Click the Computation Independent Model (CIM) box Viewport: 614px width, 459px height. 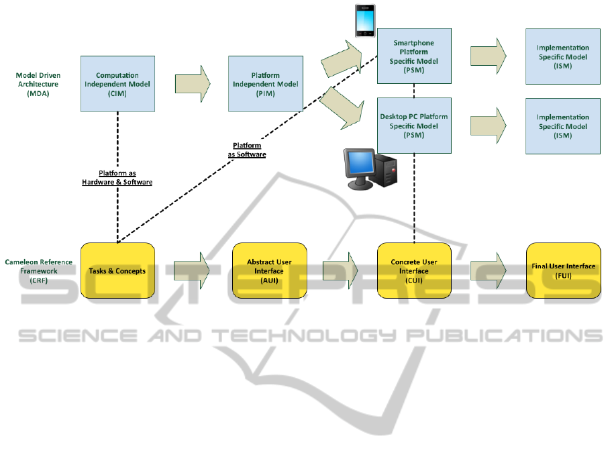pos(117,84)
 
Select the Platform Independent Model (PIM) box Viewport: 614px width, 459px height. pos(265,84)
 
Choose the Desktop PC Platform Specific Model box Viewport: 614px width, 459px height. pos(413,125)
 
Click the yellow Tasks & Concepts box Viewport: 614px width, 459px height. pos(117,271)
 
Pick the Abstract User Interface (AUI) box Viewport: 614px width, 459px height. pos(268,271)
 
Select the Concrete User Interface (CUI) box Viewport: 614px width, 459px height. pos(413,271)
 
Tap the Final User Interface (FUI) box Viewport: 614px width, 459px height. pos(562,271)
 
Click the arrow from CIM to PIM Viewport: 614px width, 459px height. pos(193,84)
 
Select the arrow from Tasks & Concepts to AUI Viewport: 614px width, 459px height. pos(192,271)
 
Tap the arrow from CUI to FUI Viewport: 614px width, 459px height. pos(488,271)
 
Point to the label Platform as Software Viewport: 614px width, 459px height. pos(247,150)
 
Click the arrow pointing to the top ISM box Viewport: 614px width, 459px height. pos(488,52)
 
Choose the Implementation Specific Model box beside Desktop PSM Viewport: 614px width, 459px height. pos(562,125)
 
